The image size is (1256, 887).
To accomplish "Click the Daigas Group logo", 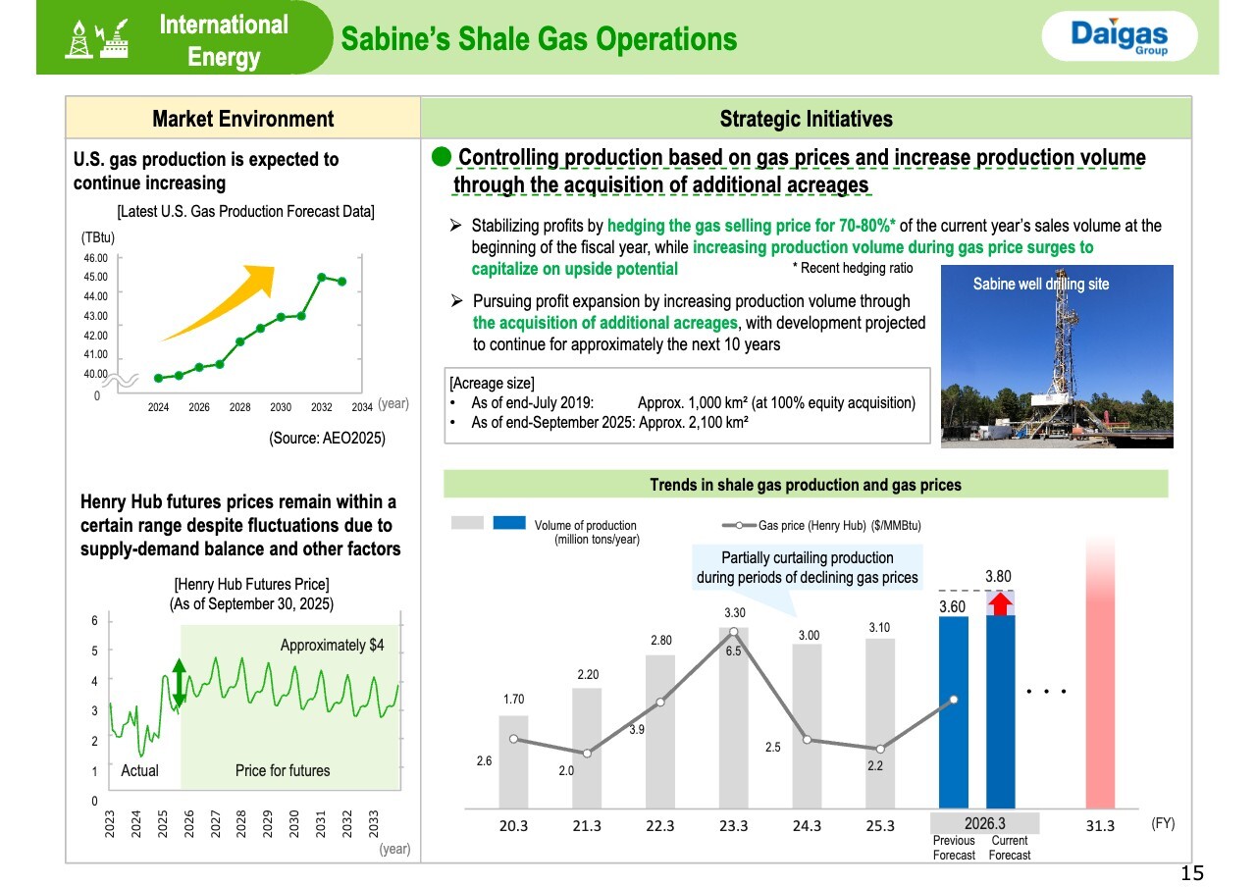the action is coord(1120,36).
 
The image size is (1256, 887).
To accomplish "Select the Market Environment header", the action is coord(242,119).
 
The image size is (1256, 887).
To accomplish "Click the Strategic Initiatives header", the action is coord(806,119).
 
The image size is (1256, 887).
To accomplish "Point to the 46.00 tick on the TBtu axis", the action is coord(95,258).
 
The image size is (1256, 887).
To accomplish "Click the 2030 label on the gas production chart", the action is coord(281,407).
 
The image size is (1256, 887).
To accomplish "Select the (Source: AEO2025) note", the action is coord(327,438).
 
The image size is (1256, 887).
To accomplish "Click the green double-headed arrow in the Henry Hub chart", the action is coord(179,682).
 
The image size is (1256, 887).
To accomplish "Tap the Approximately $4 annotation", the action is coord(332,645).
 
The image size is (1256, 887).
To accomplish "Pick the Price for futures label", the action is coord(283,770).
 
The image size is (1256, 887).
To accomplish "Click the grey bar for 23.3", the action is coord(733,718).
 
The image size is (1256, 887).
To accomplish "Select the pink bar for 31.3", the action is coord(1100,673).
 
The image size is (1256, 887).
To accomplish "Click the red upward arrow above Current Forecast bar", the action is coord(1000,603).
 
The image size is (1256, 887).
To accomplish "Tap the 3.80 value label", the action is coord(998,576).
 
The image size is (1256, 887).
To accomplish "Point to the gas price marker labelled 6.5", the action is coord(733,632).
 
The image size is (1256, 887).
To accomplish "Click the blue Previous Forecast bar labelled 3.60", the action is coord(953,712).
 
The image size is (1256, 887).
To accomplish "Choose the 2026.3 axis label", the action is coord(984,823).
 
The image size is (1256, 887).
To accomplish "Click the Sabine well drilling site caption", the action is coord(1041,284).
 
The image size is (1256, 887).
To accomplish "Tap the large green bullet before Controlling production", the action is coord(442,157).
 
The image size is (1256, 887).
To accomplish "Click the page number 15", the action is coord(1192,873).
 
